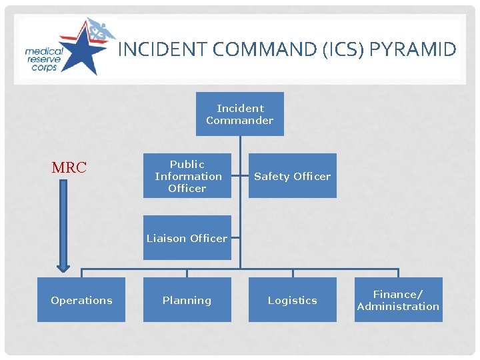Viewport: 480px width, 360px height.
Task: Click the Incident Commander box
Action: (240, 114)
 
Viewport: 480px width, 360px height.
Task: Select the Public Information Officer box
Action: (187, 176)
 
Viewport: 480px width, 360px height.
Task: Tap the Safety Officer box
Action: (293, 176)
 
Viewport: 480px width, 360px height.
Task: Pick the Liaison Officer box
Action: (187, 238)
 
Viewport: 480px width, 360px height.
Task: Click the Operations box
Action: (81, 300)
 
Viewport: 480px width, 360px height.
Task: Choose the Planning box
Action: (187, 300)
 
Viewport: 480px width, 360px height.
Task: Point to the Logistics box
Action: (293, 300)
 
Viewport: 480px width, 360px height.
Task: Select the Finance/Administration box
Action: (398, 300)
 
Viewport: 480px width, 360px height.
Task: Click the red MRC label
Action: (69, 168)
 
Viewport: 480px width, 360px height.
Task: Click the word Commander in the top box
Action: (240, 121)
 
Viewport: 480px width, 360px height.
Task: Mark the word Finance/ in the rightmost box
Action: (398, 294)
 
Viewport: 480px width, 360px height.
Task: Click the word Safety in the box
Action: (271, 176)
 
